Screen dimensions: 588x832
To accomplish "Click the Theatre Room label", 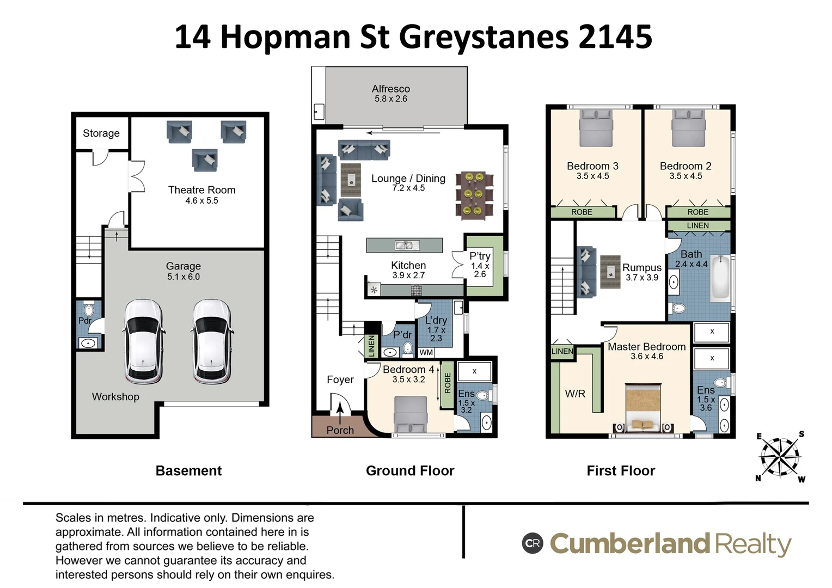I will [x=201, y=190].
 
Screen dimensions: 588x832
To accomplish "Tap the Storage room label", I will [x=101, y=133].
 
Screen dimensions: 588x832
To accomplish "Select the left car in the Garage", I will [x=144, y=341].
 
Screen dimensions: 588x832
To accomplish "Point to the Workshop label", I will [x=115, y=397].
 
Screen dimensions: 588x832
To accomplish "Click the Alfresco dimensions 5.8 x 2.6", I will [x=390, y=99].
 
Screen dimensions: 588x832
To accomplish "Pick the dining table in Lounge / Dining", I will [x=473, y=194].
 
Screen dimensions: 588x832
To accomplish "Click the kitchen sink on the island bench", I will [x=404, y=246].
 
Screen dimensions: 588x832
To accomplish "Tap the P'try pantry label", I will [x=480, y=256].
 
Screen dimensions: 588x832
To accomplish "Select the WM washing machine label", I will [x=426, y=353].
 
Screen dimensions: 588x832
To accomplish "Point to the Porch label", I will [x=340, y=430].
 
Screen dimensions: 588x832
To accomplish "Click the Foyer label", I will [x=340, y=379].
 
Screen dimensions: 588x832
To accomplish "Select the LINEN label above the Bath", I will [x=698, y=225].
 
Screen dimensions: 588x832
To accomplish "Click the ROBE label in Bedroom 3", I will [x=582, y=212].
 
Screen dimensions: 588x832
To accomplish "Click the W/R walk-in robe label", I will [x=575, y=393].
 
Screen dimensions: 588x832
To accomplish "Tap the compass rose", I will [x=780, y=456].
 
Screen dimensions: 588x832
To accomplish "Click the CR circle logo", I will [x=533, y=543].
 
